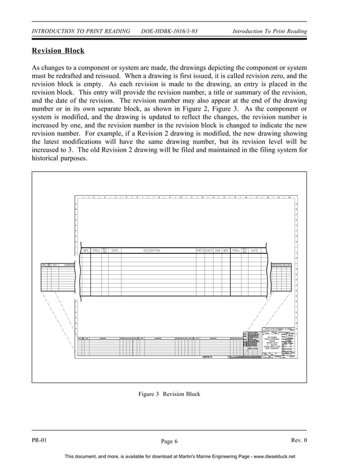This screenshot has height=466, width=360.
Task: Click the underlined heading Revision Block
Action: click(58, 51)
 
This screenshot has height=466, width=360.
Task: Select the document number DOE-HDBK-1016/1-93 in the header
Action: click(169, 31)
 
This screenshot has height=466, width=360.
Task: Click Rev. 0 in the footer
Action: click(298, 440)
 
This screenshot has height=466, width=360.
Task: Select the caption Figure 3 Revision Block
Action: click(169, 394)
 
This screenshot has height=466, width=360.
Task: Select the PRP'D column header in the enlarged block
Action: click(200, 250)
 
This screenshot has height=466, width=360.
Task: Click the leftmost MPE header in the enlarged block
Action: click(86, 250)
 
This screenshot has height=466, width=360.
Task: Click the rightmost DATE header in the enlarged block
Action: click(254, 250)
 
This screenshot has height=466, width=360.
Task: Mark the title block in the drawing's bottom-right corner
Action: click(270, 342)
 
